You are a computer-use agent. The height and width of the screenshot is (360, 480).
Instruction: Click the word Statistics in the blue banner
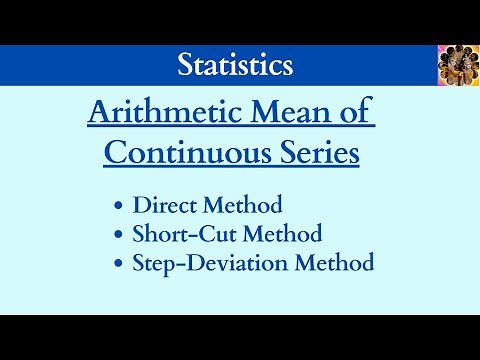235,65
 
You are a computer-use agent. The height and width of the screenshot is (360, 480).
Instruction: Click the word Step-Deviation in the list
206,264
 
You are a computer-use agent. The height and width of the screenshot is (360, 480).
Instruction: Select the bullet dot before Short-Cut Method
119,236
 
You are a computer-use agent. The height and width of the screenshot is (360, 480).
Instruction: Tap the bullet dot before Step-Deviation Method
119,265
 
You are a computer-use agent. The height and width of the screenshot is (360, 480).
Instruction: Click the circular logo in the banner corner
458,65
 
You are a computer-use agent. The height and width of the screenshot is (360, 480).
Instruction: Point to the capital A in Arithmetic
99,114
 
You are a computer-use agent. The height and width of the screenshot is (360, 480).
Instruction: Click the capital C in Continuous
115,154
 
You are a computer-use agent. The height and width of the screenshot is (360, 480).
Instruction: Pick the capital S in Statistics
185,65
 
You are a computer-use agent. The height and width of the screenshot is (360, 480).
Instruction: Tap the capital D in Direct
140,206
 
